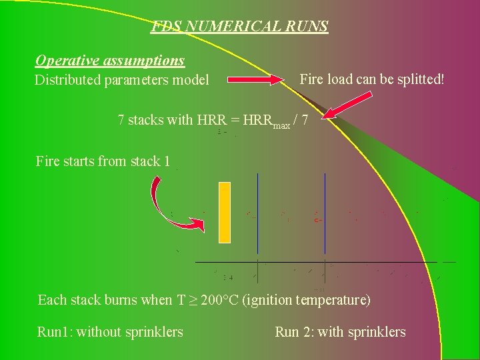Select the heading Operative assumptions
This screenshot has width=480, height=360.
pos(110,61)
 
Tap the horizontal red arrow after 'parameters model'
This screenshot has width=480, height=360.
pos(257,80)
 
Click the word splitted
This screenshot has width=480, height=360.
pos(413,79)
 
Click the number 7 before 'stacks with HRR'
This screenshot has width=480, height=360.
pos(121,121)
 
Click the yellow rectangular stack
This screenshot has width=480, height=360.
pos(225,212)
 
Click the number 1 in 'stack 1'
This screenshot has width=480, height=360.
pos(167,161)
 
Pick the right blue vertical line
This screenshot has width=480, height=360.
pos(325,221)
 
